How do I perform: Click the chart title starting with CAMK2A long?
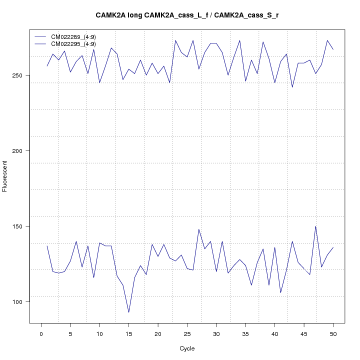click(187, 15)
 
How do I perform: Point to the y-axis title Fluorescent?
click(5, 176)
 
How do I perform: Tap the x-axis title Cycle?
click(187, 348)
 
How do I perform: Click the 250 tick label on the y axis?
click(22, 75)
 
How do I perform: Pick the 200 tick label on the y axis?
click(22, 151)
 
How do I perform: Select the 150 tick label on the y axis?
click(22, 226)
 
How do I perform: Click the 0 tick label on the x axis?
click(41, 333)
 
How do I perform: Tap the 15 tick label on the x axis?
click(128, 333)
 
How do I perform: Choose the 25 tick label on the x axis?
click(187, 333)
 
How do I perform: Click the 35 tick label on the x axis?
click(245, 333)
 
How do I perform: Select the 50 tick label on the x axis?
click(333, 333)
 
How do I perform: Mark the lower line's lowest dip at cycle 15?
click(128, 312)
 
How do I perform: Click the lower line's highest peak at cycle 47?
click(315, 226)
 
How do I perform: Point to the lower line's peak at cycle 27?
click(198, 229)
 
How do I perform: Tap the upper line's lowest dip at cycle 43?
click(292, 87)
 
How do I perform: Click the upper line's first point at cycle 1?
click(47, 66)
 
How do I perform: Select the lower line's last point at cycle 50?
click(333, 247)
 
